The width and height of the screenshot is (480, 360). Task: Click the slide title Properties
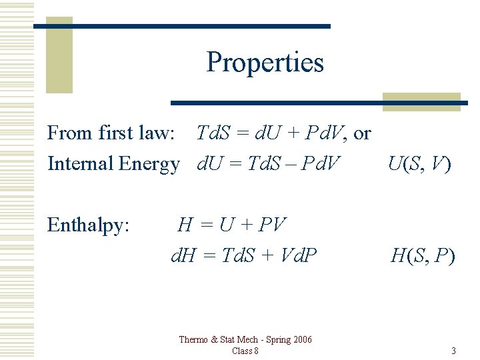pos(265,63)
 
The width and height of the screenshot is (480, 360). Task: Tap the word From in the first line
pos(69,133)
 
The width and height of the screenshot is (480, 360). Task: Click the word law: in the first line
pos(156,133)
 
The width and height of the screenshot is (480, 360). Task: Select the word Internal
pos(80,163)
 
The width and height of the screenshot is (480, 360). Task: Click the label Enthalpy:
pos(88,225)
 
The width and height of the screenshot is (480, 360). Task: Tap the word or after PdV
pos(362,133)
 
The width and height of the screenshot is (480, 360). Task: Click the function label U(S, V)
pos(419,164)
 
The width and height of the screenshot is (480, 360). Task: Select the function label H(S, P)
pos(423,255)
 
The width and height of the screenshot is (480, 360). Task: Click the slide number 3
pos(453,351)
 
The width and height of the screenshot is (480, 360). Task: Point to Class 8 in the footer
pos(245,351)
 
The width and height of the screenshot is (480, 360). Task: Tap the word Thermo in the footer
pos(193,340)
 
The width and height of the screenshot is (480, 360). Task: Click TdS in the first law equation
pos(213,133)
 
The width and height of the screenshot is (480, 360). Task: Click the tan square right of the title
pos(421,101)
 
